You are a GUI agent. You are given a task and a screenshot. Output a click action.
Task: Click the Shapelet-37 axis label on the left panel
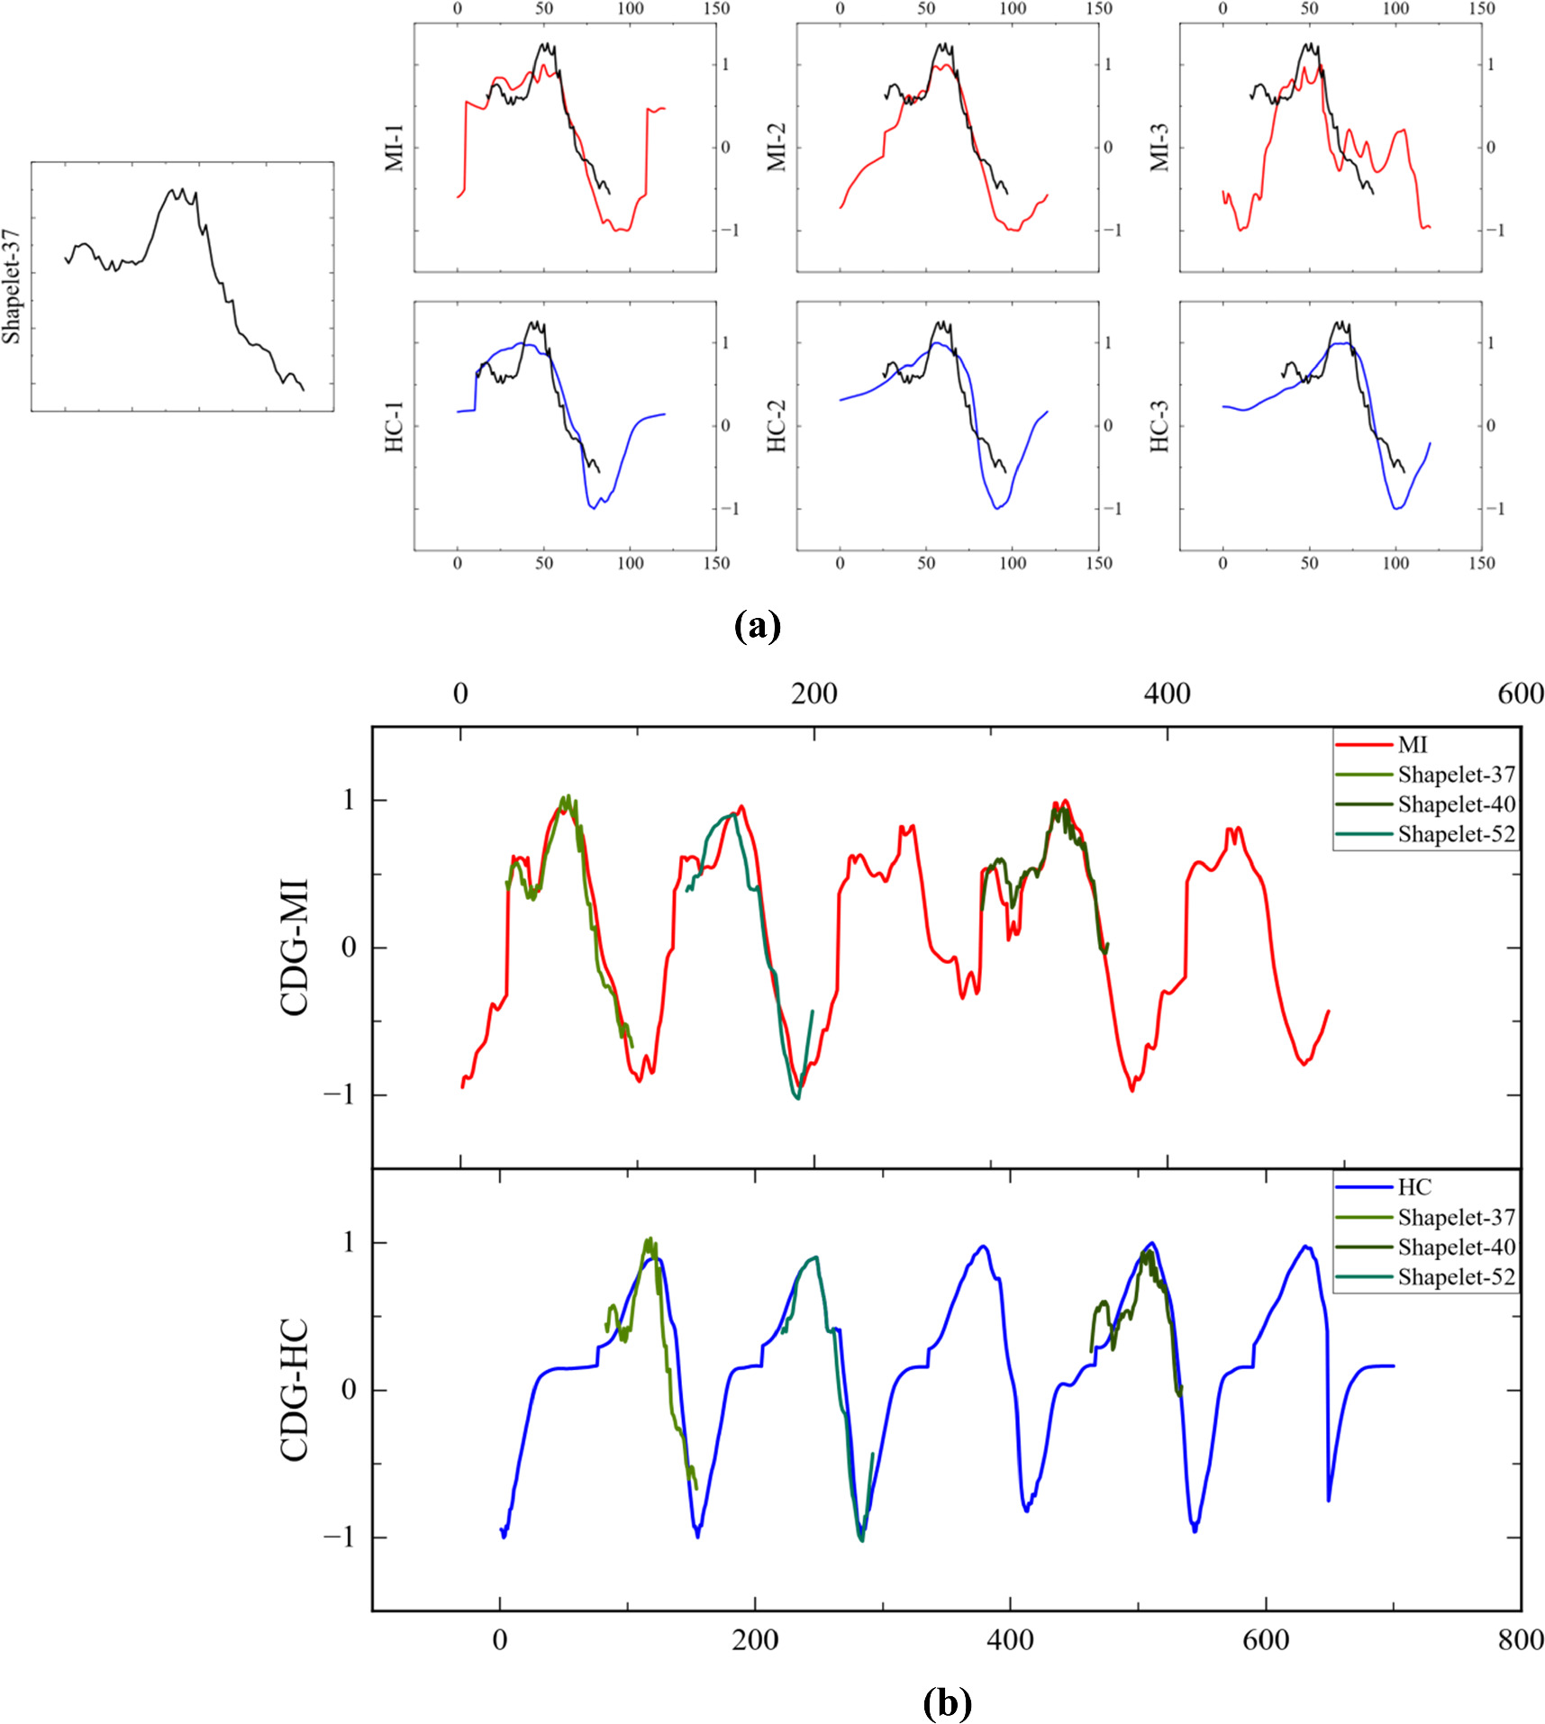click(12, 286)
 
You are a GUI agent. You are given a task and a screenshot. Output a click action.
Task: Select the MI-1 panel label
click(395, 148)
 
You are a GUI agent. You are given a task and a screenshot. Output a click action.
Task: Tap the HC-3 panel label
click(1159, 426)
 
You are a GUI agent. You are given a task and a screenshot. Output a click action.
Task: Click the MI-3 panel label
click(1159, 148)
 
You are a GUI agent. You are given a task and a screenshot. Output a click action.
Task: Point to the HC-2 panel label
click(777, 426)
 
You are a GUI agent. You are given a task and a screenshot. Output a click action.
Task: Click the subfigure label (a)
click(757, 625)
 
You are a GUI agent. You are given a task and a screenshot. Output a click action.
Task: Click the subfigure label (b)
click(947, 1701)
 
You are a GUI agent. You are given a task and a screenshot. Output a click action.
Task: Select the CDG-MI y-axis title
click(295, 947)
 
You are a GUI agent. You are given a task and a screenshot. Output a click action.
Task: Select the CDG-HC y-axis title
click(295, 1390)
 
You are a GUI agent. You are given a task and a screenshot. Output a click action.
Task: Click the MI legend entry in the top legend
click(1412, 745)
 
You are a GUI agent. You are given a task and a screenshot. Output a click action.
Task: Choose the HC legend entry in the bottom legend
click(1413, 1187)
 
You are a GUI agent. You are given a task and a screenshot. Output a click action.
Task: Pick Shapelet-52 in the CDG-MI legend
click(1456, 834)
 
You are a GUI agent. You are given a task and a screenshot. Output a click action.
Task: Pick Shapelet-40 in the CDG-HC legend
click(1456, 1247)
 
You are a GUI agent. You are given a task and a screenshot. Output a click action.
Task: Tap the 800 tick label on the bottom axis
click(1520, 1639)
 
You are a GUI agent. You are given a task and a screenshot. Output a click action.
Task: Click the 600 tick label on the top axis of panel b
click(1520, 694)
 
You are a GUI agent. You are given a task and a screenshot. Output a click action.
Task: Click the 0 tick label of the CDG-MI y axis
click(349, 948)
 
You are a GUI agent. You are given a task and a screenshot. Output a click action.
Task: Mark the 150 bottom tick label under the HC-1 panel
click(716, 563)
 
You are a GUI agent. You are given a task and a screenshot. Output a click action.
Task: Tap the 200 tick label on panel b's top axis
click(813, 694)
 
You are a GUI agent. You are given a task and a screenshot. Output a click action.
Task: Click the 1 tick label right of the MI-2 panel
click(1108, 64)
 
